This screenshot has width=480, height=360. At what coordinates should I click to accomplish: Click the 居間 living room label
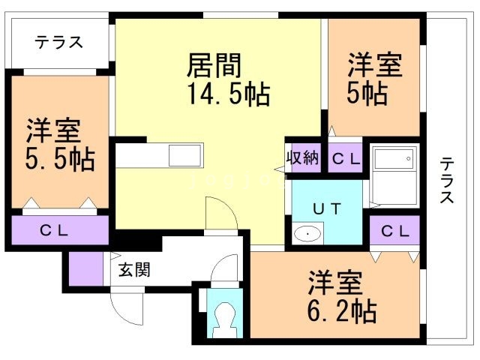click(214, 66)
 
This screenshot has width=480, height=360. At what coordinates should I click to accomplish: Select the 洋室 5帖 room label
click(373, 65)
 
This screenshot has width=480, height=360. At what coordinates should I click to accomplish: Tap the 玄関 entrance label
click(134, 269)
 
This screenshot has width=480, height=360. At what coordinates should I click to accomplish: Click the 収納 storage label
click(303, 158)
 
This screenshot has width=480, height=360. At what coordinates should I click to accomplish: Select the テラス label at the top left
click(58, 43)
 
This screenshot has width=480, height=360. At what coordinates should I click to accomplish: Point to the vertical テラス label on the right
click(446, 180)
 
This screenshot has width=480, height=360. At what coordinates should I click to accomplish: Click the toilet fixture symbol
click(224, 321)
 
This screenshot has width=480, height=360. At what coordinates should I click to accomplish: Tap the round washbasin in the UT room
click(307, 235)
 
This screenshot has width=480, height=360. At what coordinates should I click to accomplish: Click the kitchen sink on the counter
click(184, 156)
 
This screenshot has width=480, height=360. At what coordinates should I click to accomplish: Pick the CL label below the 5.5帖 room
click(55, 230)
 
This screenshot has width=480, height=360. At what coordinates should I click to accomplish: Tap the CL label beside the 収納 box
click(346, 158)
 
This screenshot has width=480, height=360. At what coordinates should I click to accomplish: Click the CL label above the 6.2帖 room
click(394, 232)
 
